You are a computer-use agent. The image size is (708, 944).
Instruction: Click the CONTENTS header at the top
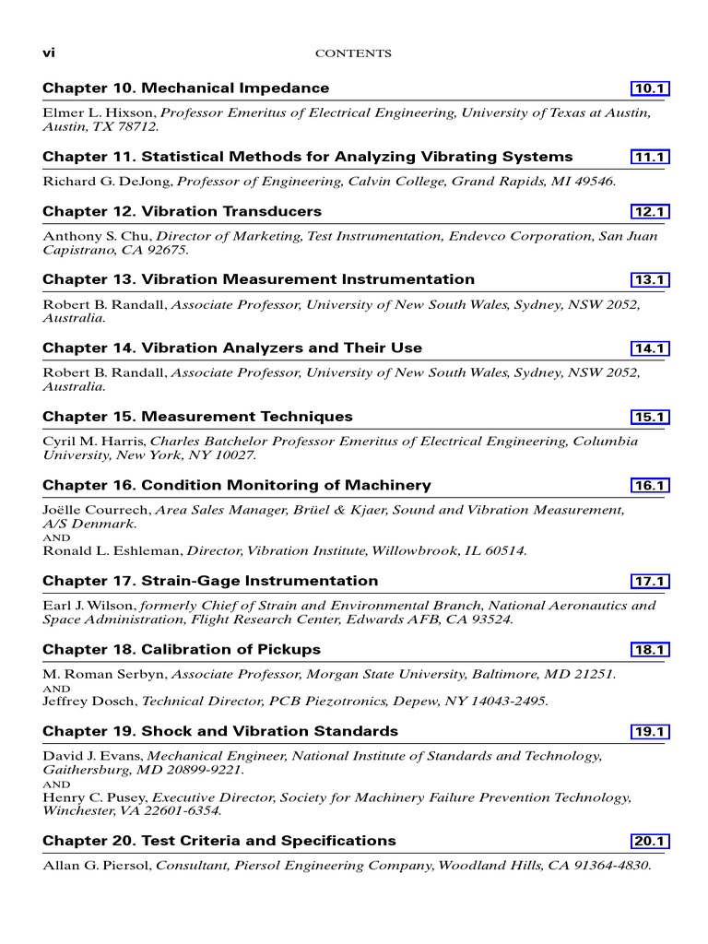353,53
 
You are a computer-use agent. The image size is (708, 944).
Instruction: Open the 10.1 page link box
649,88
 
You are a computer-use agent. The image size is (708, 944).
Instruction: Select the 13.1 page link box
649,280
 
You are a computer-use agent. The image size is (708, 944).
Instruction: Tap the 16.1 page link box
649,486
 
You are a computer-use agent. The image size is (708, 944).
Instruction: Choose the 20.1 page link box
649,842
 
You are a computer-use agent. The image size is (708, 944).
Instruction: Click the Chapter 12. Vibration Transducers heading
182,212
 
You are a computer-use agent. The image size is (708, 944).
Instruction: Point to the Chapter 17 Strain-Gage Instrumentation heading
210,581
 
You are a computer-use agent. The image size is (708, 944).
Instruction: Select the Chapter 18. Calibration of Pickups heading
182,650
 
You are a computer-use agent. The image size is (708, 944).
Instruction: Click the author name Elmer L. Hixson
100,112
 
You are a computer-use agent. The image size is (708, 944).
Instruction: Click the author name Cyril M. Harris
94,442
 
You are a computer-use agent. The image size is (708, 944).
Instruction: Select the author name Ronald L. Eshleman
112,551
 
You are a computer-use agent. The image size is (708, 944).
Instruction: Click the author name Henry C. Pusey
95,797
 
